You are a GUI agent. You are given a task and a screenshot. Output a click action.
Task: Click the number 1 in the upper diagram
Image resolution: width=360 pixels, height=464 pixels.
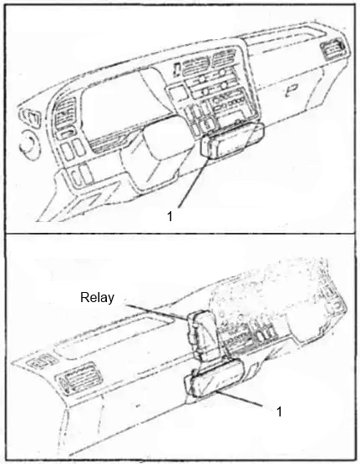170,216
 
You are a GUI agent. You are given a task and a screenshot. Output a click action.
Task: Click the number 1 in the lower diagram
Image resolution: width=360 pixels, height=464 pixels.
279,411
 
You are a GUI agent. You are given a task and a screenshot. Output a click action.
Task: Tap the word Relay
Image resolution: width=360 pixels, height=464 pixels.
97,297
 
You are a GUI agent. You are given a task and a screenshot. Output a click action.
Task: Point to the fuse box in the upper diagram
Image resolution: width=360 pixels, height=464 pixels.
233,141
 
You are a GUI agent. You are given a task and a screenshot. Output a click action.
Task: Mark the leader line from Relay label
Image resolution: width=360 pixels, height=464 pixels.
156,311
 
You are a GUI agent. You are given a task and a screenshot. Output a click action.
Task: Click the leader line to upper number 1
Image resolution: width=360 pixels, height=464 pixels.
193,183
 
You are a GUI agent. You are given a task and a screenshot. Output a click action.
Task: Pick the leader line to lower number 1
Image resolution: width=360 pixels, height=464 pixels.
240,398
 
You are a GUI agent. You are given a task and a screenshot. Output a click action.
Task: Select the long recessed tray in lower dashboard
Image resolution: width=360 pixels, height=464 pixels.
114,338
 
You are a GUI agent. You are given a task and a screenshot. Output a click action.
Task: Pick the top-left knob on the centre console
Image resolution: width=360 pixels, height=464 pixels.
203,79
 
